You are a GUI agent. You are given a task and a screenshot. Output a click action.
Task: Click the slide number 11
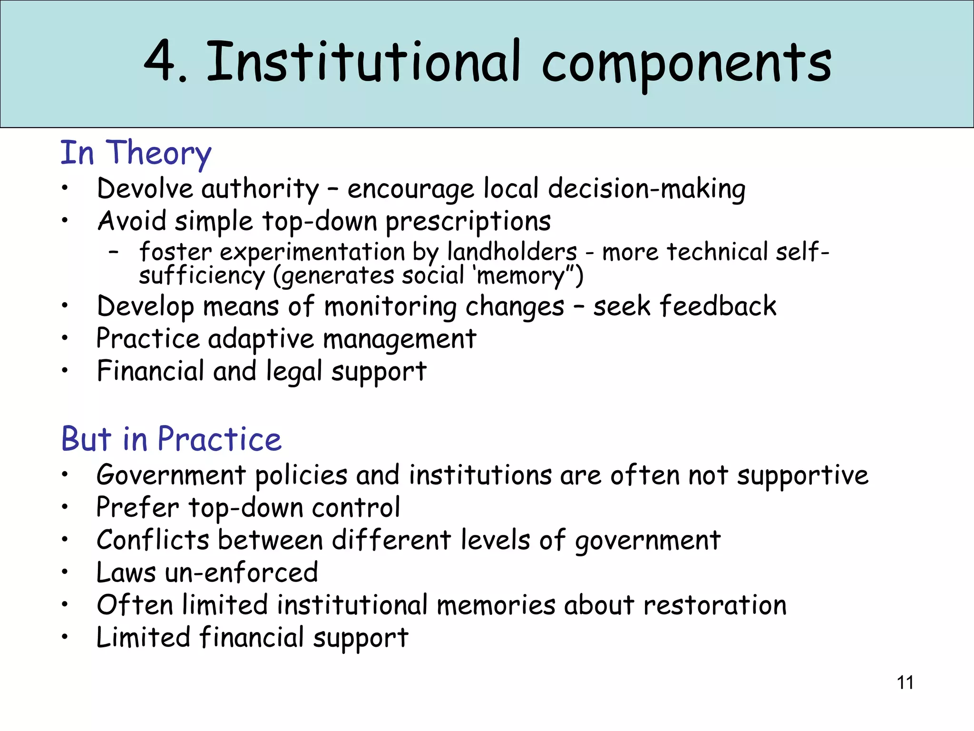coord(905,682)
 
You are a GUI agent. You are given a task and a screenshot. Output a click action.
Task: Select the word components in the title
coord(686,64)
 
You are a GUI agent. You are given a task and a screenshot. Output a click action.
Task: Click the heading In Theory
coord(136,153)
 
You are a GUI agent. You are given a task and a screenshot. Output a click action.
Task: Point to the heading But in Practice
coord(171,439)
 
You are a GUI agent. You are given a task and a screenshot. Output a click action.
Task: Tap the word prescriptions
coord(468,222)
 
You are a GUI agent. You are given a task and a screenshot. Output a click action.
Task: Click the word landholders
coord(512,252)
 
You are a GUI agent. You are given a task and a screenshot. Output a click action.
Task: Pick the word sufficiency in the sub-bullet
coord(202,276)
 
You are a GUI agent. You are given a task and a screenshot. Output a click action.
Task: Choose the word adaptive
coord(261,339)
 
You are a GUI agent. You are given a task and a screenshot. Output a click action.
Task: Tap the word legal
coord(294,372)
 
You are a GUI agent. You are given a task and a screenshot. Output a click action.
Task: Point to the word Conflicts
coord(153,540)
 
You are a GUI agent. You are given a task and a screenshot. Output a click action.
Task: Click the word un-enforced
coord(241,573)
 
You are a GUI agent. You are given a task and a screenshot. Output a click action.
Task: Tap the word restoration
coord(715,605)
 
